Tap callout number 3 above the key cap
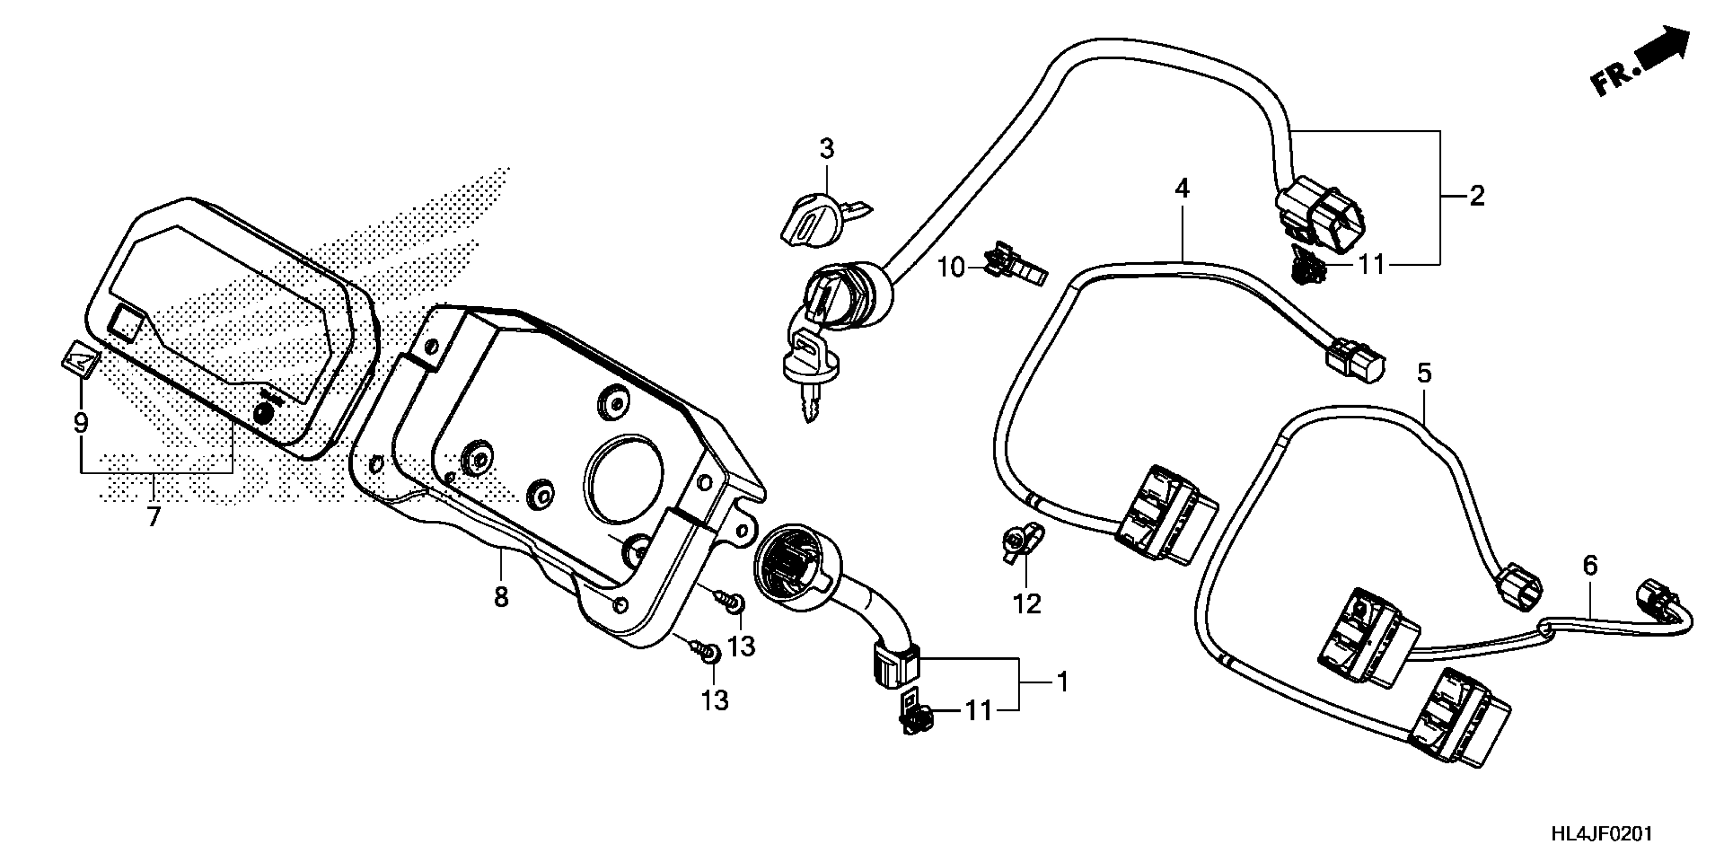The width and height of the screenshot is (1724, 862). point(827,149)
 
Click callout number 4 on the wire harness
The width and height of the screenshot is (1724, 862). point(1182,190)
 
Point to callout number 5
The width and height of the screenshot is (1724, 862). point(1424,373)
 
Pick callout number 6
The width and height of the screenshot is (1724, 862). point(1590,566)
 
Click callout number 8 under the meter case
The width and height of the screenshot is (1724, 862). point(501,596)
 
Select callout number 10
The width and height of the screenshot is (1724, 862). point(950,268)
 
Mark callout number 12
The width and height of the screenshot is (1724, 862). point(1027,604)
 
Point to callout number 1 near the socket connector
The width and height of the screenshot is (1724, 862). point(1061,683)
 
